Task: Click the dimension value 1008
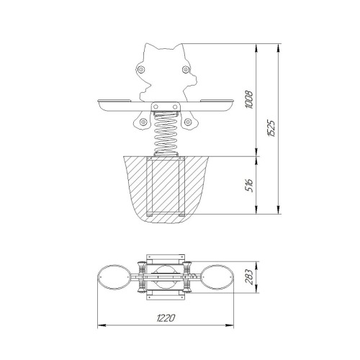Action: coord(250,100)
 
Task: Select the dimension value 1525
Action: coord(271,128)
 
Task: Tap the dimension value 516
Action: coord(250,185)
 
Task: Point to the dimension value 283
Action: coord(250,277)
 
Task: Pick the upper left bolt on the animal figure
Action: coord(140,70)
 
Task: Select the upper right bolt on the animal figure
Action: coord(186,70)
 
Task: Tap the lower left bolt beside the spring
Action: coord(143,122)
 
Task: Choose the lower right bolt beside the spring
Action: coord(188,122)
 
